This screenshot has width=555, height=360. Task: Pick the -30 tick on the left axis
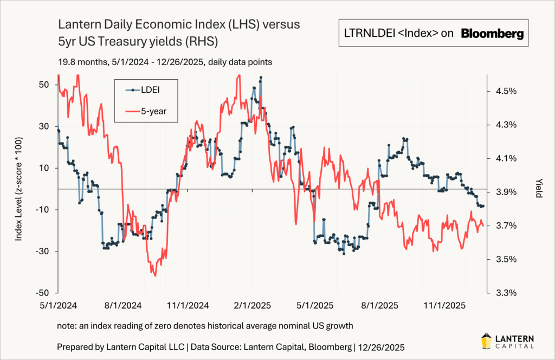click(x=43, y=252)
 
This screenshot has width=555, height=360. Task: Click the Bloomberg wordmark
click(x=492, y=34)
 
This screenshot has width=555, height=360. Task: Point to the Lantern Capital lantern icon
click(x=487, y=340)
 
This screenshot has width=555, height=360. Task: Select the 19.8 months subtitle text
click(x=81, y=62)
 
